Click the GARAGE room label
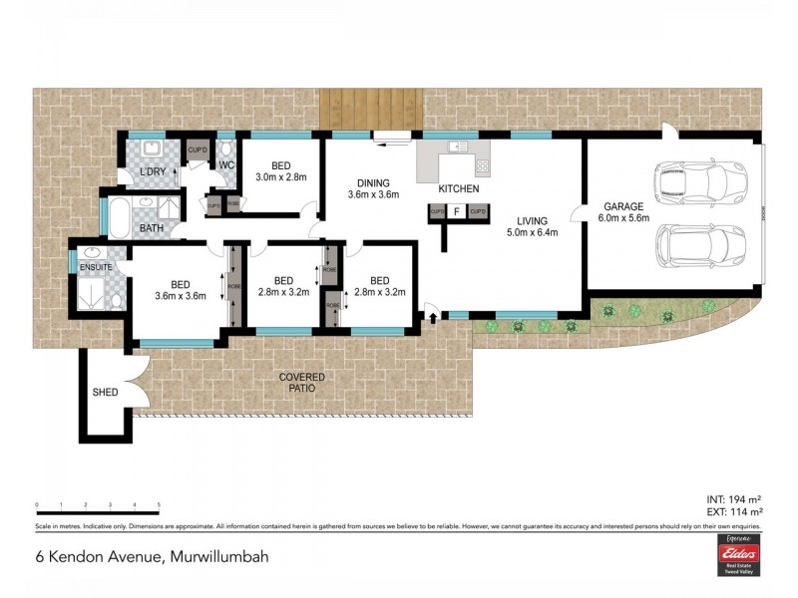click(x=623, y=205)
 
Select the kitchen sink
click(x=458, y=148)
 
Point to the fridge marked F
click(x=456, y=211)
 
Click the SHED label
click(x=105, y=393)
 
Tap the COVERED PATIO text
click(x=301, y=382)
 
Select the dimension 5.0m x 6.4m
click(x=531, y=233)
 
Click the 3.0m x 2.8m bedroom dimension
click(x=280, y=177)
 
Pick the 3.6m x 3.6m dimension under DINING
click(x=373, y=195)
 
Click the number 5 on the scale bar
click(x=159, y=506)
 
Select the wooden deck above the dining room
click(x=371, y=108)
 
